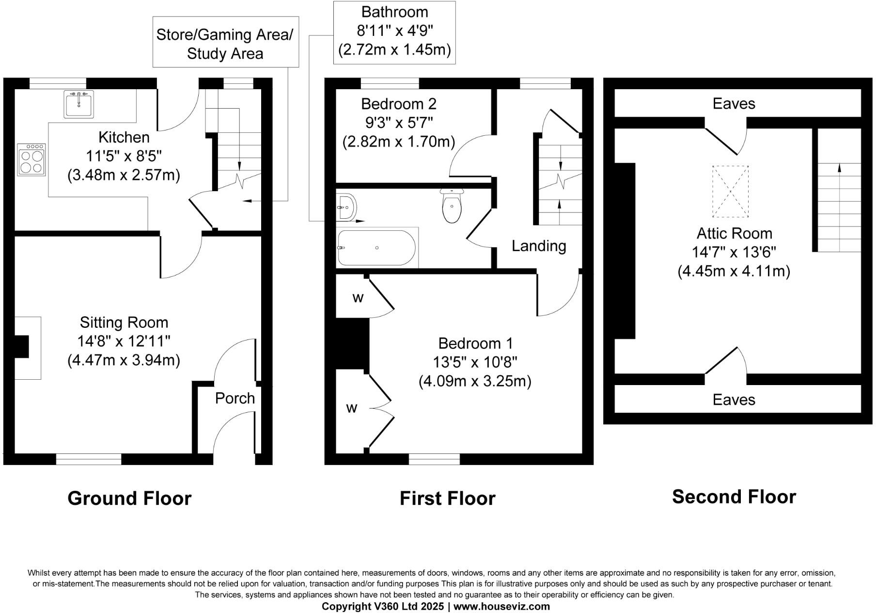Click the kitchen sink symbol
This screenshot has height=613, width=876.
click(x=78, y=104)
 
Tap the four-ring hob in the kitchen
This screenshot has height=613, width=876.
click(x=31, y=160)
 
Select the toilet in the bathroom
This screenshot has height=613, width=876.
click(x=452, y=206)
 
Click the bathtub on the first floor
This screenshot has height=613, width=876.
click(x=376, y=248)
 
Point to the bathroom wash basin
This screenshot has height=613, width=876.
click(x=346, y=208)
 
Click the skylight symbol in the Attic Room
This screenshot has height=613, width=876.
click(x=730, y=192)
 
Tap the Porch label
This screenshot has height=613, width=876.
click(x=235, y=398)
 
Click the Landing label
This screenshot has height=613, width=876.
click(x=539, y=246)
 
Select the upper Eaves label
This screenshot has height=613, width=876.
click(x=734, y=103)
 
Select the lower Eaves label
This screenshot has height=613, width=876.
click(x=734, y=400)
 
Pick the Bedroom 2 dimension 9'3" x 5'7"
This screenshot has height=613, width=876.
click(x=399, y=123)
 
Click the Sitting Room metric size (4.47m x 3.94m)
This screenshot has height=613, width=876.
click(x=124, y=360)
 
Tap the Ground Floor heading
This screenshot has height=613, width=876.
click(x=129, y=498)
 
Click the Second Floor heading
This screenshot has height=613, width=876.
click(x=734, y=497)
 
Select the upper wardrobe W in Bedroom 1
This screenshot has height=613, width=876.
click(x=358, y=298)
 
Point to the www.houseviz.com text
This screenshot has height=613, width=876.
click(x=501, y=606)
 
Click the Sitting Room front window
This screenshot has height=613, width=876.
click(x=89, y=459)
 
